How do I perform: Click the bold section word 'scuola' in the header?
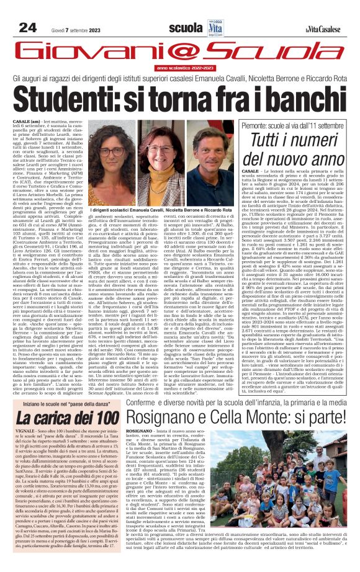coord(186,28)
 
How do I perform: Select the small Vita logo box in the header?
coord(215,27)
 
